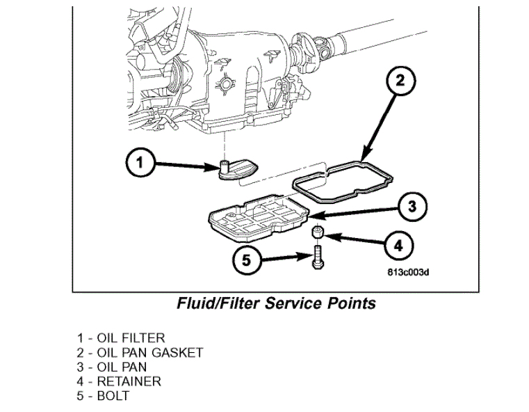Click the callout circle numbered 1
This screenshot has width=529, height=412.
140,164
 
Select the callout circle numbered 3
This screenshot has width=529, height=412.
412,206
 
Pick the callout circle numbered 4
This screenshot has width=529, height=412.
398,245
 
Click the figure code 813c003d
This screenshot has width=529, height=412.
409,272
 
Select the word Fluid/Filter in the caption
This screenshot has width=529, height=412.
221,303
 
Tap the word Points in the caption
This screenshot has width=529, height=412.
352,303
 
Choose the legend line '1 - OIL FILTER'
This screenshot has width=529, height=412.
121,338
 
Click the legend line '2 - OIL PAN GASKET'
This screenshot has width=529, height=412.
140,353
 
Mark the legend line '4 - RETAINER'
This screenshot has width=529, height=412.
119,381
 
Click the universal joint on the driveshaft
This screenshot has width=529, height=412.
321,47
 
